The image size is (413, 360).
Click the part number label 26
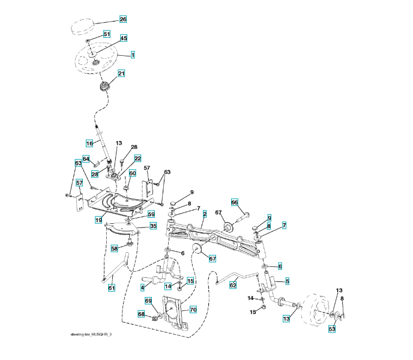click(123, 20)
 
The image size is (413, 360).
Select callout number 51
click(107, 34)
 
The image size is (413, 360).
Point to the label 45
click(124, 38)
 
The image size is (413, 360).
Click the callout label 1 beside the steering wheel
click(132, 55)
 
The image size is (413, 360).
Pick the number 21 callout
click(121, 74)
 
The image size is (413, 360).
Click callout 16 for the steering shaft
click(89, 143)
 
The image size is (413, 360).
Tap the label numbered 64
click(86, 160)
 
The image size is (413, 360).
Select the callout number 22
click(137, 158)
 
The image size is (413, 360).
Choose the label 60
click(133, 173)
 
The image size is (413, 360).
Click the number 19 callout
click(97, 220)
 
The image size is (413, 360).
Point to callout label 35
click(153, 226)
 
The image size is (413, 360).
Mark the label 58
click(114, 248)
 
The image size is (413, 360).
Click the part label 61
click(111, 288)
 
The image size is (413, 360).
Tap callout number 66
click(235, 202)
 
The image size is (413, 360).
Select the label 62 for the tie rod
click(233, 286)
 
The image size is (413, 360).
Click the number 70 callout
click(193, 310)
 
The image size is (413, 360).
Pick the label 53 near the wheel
click(331, 328)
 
